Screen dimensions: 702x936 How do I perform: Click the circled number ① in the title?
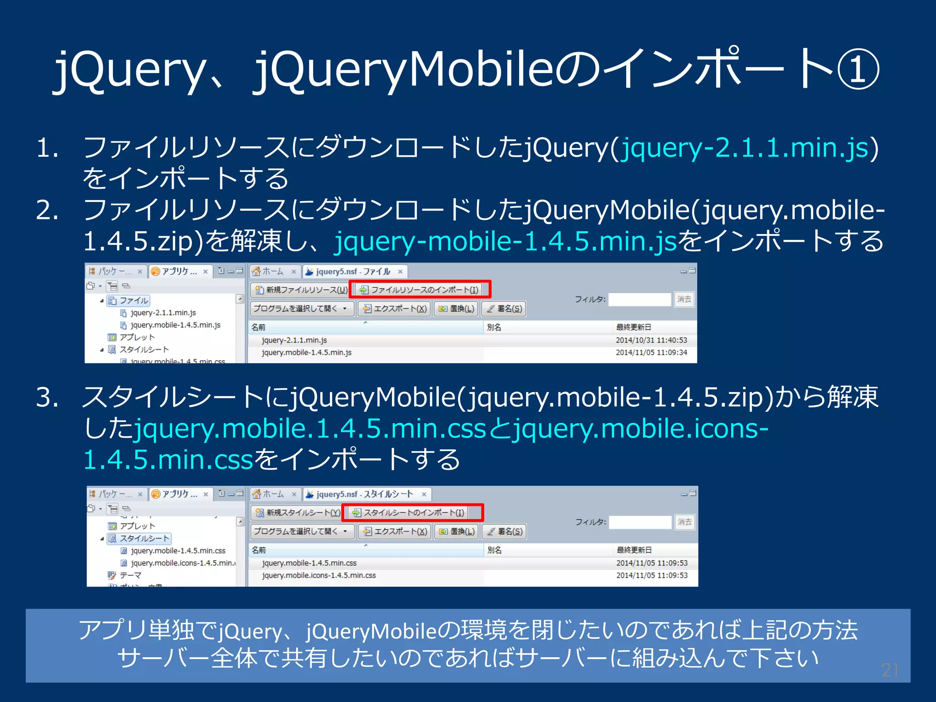[858, 69]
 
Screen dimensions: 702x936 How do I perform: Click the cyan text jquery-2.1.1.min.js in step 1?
[745, 148]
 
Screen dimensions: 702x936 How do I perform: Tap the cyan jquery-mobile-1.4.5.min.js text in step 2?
[505, 241]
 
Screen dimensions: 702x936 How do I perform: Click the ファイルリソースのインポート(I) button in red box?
[419, 290]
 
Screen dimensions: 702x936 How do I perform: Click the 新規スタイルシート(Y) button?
[298, 513]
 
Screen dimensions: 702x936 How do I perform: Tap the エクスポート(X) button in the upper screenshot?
[394, 309]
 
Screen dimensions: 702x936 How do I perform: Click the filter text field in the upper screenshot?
[639, 299]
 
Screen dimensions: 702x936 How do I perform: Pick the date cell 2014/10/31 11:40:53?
[651, 340]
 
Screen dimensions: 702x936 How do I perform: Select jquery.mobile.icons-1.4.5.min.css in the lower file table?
[319, 575]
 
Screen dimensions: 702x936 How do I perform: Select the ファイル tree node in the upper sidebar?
[133, 301]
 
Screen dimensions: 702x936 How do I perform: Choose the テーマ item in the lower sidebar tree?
[130, 575]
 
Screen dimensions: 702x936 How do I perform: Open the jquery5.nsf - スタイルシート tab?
[364, 495]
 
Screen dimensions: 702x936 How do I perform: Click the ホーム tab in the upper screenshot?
[273, 271]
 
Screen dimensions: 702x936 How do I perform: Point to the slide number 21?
[889, 670]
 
